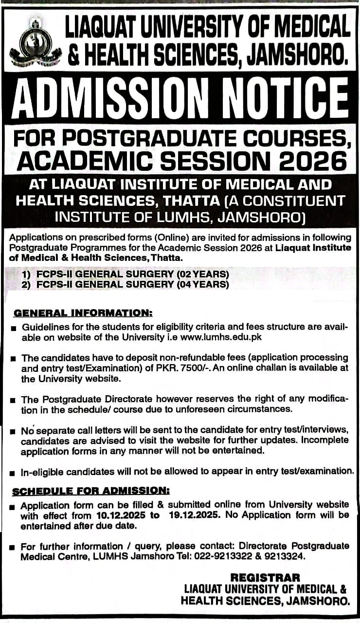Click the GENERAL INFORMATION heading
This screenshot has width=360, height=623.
[x=83, y=312]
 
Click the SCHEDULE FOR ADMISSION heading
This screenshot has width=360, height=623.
[x=91, y=492]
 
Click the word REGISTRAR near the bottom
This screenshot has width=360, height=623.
[x=266, y=578]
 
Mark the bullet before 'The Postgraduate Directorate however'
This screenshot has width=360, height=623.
[x=13, y=400]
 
